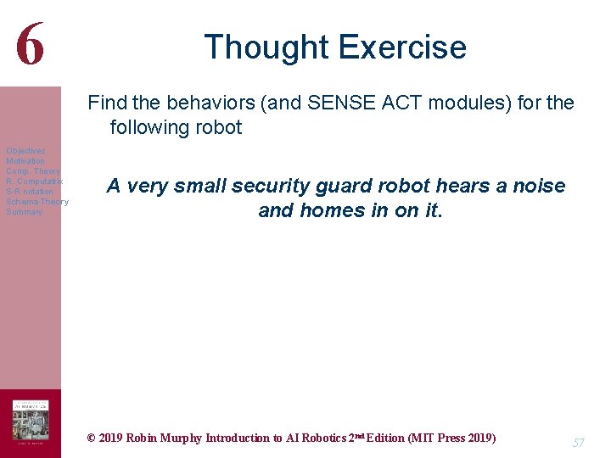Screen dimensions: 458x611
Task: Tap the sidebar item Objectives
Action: coord(25,151)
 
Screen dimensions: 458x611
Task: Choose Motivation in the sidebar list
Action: coord(25,161)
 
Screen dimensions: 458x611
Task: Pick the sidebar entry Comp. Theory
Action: coord(33,171)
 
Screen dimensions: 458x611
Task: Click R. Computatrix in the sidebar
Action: coord(33,182)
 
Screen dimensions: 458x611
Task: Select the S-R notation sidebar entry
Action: coord(30,192)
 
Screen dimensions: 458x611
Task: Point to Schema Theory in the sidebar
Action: coord(37,202)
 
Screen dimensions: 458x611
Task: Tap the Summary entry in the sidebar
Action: coord(24,212)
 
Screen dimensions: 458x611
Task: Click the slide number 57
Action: coord(579,443)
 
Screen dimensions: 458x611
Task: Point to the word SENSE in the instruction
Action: coord(360,103)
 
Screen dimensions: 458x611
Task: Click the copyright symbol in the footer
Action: coord(92,438)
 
